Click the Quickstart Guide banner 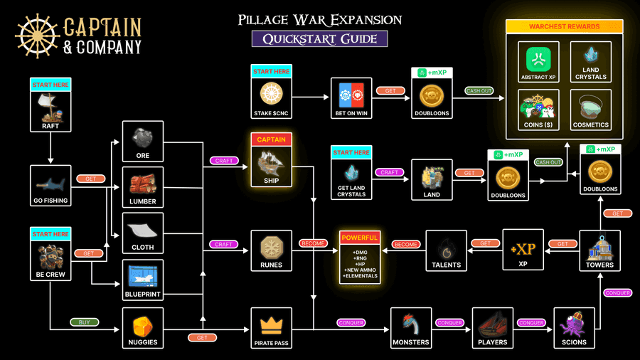319,38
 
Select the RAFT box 50,105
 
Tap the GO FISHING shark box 50,186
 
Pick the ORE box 143,141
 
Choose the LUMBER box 143,186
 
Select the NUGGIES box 143,328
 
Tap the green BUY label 85,322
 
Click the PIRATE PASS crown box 272,328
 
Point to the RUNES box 272,250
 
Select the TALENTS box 447,250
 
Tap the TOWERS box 599,250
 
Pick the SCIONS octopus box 574,328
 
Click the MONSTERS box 411,328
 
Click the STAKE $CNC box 272,91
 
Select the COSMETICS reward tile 591,110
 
